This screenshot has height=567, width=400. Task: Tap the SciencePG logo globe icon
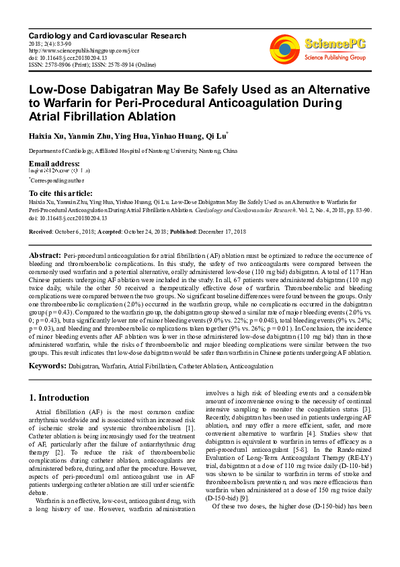(x=284, y=49)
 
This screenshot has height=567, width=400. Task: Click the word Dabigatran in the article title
(x=125, y=90)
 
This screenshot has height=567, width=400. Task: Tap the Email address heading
(x=54, y=164)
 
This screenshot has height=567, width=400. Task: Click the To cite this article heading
(x=61, y=193)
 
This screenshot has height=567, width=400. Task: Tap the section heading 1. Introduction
(x=60, y=398)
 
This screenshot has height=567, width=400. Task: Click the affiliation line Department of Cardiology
(x=132, y=152)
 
